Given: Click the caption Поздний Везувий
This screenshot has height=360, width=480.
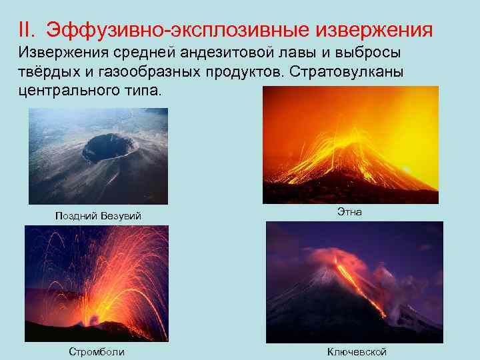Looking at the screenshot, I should pos(98,216).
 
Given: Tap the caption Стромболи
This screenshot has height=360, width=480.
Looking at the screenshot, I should pos(97,351).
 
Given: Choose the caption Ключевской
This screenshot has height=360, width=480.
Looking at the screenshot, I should pos(357,351).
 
